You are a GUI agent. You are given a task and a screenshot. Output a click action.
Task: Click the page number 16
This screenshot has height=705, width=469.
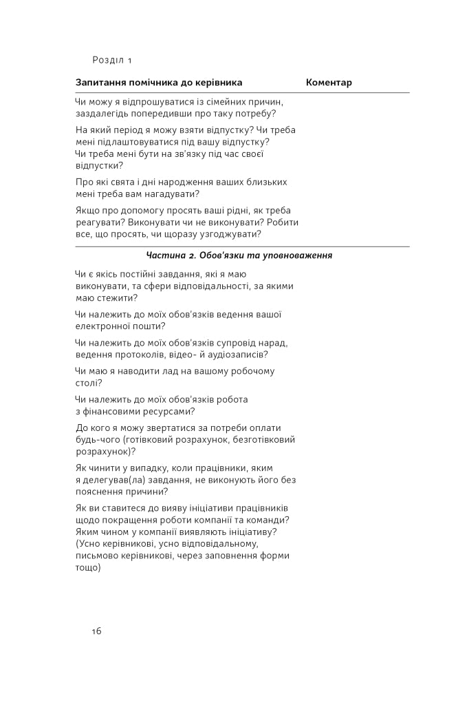click(96, 631)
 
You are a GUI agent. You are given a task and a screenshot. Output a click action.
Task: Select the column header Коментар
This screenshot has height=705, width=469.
click(329, 83)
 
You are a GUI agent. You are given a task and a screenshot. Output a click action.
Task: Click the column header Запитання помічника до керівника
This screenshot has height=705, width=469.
click(159, 83)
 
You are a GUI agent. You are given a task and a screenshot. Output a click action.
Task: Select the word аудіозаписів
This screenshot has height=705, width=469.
click(234, 355)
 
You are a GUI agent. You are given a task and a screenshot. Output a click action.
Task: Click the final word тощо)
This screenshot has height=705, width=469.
click(89, 568)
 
